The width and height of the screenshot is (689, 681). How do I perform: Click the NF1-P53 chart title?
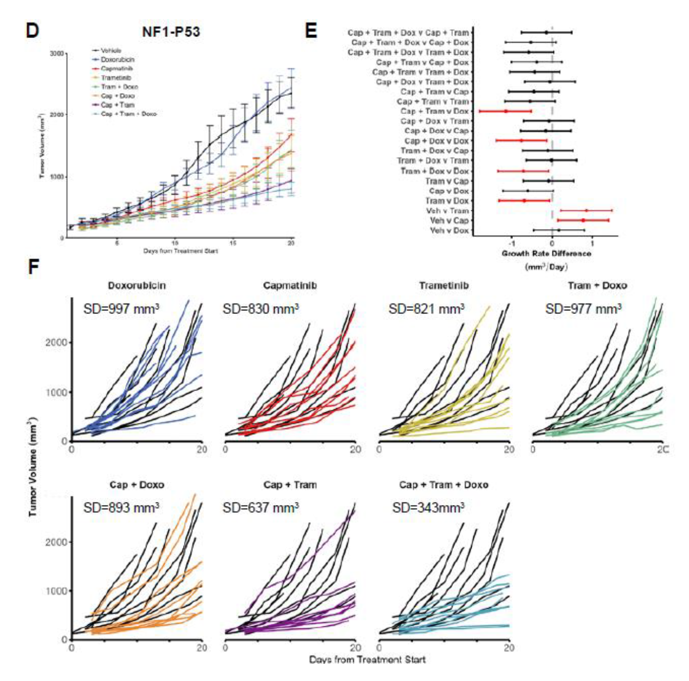point(171,32)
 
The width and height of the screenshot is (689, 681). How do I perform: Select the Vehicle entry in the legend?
point(110,51)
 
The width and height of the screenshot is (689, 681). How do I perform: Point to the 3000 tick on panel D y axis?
point(57,54)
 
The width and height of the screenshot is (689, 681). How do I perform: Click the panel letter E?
point(311,31)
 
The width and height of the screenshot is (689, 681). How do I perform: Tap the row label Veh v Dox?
point(449,230)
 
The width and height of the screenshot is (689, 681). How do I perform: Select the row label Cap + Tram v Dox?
point(435,111)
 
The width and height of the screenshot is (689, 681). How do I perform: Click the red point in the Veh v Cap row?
point(583,221)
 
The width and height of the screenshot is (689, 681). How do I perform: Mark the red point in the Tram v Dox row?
point(524,200)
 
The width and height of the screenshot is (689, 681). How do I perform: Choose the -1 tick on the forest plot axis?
point(512,244)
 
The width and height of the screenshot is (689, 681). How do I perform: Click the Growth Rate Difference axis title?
point(546,254)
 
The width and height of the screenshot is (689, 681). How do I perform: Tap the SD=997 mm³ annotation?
point(121,309)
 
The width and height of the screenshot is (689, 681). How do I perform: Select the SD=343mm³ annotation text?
point(428,508)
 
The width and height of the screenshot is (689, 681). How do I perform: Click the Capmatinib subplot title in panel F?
point(290,285)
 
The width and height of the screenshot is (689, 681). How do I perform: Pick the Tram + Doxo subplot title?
point(597,285)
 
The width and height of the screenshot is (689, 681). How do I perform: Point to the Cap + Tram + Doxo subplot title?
point(444,485)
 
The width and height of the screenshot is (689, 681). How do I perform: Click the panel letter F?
point(33,268)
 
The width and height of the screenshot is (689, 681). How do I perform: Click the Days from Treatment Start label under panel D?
point(180,251)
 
